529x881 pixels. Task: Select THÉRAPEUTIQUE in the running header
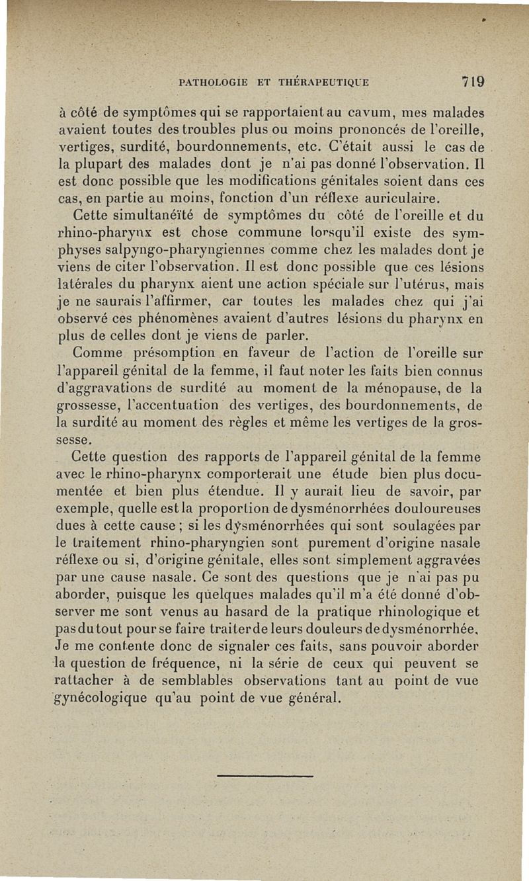(323, 83)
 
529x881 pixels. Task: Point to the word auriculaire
(400, 198)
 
